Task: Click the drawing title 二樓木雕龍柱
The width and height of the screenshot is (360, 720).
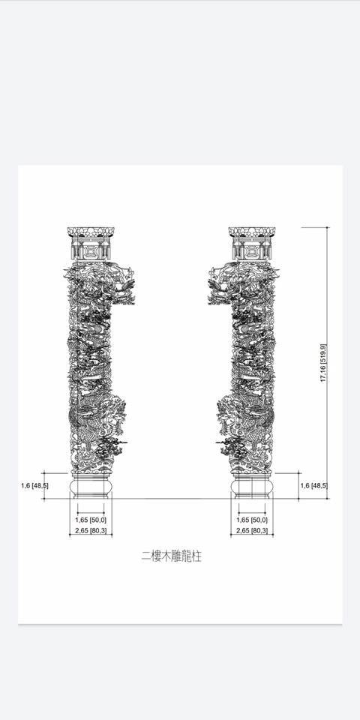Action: [171, 556]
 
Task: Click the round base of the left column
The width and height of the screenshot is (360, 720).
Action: [91, 487]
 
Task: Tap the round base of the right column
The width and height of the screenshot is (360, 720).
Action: [252, 487]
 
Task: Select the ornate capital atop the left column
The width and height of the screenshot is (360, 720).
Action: [91, 243]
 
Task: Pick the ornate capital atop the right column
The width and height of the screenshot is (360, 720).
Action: [252, 243]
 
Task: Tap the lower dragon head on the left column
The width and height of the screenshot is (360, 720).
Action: [112, 413]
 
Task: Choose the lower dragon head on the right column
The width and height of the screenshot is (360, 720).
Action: [230, 413]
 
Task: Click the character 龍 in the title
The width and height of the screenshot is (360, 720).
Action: [185, 556]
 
